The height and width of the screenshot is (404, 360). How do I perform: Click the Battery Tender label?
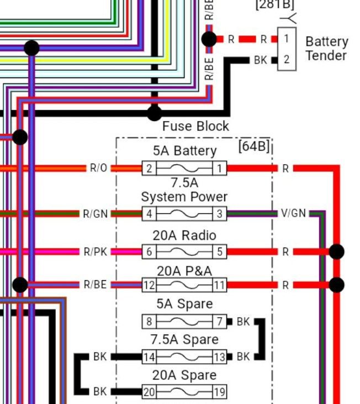point(326,49)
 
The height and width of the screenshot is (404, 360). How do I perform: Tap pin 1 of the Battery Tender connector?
point(286,39)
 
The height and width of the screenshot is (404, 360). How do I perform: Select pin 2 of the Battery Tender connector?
point(286,60)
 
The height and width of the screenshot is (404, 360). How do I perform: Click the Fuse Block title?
point(195,126)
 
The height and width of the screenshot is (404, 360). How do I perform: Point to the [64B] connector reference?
point(253,146)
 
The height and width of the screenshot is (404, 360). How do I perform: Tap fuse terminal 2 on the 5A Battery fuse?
point(149,169)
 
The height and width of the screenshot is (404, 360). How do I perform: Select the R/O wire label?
point(99,169)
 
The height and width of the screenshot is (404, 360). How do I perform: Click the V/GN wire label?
point(293,214)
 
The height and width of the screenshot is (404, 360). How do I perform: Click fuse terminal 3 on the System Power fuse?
point(220,214)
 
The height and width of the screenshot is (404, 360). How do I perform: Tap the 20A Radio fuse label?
point(184,235)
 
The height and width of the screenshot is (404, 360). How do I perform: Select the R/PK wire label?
point(96,252)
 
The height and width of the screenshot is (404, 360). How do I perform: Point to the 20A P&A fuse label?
point(184,271)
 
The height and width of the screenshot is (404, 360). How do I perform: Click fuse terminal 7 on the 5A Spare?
point(220,322)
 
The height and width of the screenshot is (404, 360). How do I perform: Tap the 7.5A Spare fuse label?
point(184,339)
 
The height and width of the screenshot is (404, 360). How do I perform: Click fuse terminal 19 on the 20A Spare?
point(220,392)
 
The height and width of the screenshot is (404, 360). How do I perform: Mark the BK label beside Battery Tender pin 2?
point(261,60)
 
